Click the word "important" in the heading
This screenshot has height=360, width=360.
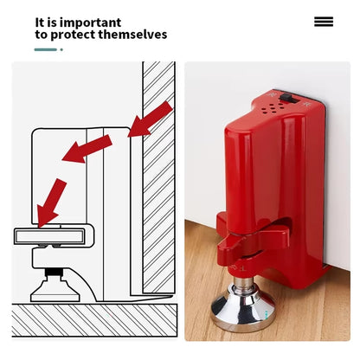tap(90, 22)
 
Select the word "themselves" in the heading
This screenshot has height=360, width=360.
tap(132, 35)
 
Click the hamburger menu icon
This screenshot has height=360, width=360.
tap(324, 22)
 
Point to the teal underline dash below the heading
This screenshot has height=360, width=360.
tap(46, 49)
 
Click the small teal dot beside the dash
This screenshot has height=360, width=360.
tap(61, 49)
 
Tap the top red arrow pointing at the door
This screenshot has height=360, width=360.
tap(150, 119)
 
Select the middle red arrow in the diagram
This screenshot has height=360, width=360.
tap(87, 149)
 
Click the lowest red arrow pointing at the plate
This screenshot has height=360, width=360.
tap(51, 202)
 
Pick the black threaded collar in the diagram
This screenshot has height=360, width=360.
tap(54, 272)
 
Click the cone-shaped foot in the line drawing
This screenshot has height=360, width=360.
tap(55, 291)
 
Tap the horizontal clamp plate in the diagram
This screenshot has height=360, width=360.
tap(50, 236)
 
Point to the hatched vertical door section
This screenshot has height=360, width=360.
tap(158, 177)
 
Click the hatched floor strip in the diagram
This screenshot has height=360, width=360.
tap(94, 320)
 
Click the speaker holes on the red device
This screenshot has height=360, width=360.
tap(273, 108)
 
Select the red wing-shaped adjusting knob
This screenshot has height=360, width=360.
tap(254, 236)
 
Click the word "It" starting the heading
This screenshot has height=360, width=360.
tap(40, 22)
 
